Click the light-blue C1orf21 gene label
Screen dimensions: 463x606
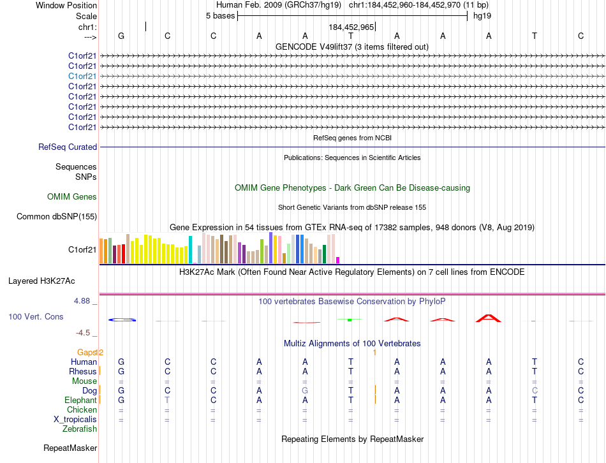click(83, 76)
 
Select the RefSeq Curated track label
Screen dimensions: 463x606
click(68, 147)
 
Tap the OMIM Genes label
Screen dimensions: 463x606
click(72, 197)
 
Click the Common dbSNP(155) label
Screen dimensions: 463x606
click(57, 217)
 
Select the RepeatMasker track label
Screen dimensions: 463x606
click(70, 448)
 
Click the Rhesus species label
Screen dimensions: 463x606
click(83, 371)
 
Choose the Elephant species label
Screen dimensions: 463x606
click(80, 400)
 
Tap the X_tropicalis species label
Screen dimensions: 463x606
click(75, 419)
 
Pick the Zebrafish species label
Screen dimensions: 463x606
click(80, 429)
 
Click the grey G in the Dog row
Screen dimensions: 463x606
click(305, 390)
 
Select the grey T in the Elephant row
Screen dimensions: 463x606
click(167, 400)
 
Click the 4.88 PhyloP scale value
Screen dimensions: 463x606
click(85, 300)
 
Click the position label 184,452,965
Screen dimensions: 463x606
click(351, 27)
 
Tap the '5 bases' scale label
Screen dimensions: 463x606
click(220, 15)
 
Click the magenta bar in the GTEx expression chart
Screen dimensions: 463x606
click(337, 260)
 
